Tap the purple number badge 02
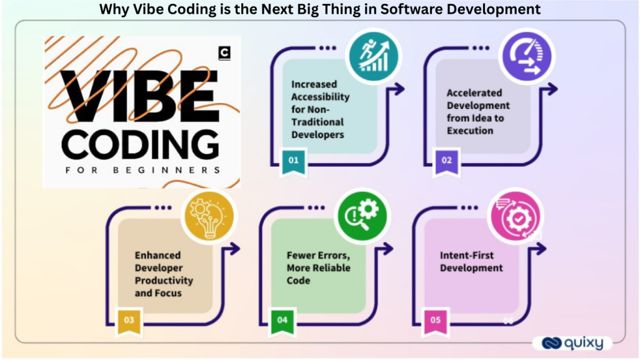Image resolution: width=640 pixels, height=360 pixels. click(446, 160)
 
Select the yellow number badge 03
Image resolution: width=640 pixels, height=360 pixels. click(129, 320)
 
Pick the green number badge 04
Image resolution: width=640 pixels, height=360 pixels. click(282, 320)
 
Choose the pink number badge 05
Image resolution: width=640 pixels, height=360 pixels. click(436, 320)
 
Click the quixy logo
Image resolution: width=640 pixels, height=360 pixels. click(571, 343)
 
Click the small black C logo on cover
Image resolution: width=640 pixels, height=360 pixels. click(224, 54)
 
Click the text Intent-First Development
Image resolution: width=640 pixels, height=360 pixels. click(471, 262)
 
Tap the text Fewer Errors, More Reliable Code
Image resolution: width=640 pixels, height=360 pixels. click(318, 267)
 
